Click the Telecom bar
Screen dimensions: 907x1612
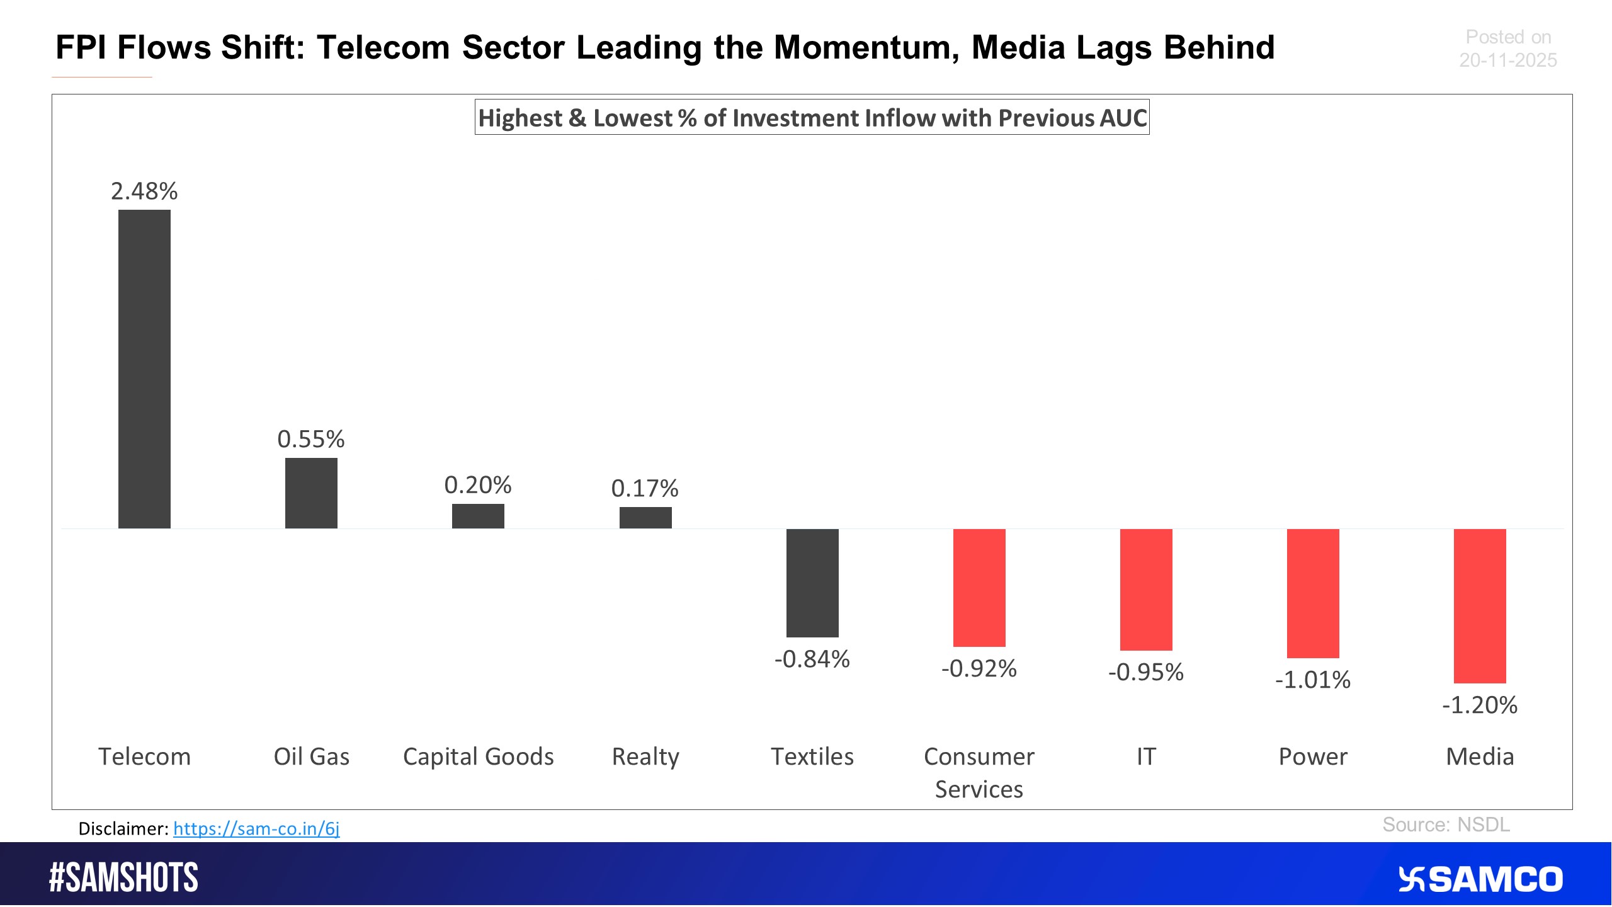click(144, 368)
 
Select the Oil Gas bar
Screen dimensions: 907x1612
click(311, 493)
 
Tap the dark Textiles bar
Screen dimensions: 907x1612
click(812, 583)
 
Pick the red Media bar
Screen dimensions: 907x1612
click(1480, 606)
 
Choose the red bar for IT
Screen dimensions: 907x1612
click(1146, 590)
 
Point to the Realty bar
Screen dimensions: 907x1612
click(645, 518)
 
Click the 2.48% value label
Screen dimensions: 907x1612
click(144, 191)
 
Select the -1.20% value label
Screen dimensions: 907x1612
click(1480, 705)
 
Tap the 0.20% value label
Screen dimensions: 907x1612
click(478, 485)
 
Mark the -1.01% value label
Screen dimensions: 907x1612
click(1313, 680)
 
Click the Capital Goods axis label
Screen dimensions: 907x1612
click(478, 756)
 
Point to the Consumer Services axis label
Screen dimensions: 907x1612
click(979, 772)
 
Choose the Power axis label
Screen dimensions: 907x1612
click(1313, 756)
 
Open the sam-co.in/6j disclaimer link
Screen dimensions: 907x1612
click(256, 828)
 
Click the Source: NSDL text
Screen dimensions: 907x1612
click(1446, 824)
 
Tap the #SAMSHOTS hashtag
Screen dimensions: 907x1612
click(123, 877)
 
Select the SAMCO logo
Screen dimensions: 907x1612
click(1480, 879)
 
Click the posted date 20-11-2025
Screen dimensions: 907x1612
click(1507, 60)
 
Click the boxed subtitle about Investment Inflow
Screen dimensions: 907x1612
click(812, 118)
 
